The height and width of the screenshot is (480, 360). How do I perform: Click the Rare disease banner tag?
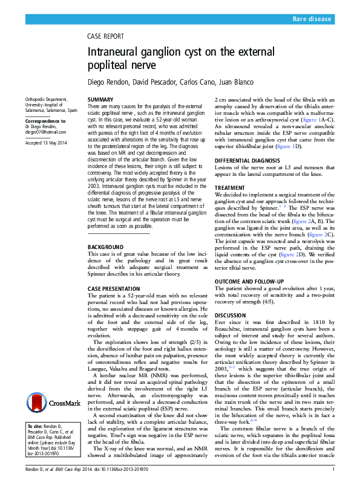pos(312,19)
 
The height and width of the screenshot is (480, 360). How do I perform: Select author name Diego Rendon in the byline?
pos(110,80)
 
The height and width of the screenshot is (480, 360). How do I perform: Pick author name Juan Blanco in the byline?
pos(234,80)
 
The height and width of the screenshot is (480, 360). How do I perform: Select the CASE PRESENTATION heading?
pos(113,288)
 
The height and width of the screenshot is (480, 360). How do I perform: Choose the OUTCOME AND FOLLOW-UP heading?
pos(249,282)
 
